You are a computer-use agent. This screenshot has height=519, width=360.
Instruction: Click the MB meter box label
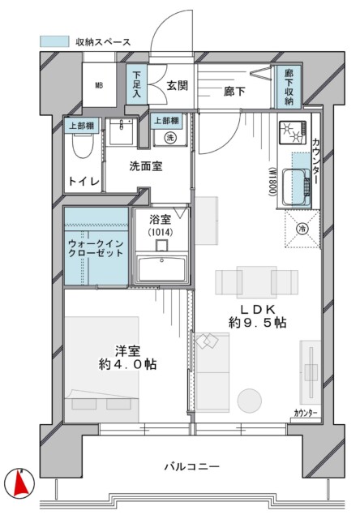tap(99, 85)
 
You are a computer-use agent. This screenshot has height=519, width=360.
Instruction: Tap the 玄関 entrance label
tap(178, 86)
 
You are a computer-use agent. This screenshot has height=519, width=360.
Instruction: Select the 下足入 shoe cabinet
tap(137, 84)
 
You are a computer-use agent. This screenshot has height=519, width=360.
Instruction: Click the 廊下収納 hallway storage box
tap(289, 87)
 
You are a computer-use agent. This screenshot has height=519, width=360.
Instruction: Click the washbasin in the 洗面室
tap(122, 131)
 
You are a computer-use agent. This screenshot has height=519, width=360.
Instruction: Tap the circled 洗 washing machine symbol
tap(170, 137)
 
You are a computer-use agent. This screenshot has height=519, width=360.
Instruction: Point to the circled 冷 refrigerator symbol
tap(302, 229)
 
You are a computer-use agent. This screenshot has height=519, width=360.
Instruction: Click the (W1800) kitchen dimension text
tap(272, 182)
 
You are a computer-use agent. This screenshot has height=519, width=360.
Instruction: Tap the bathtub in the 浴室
tap(162, 268)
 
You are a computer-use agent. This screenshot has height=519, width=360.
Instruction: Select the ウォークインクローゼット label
tap(96, 249)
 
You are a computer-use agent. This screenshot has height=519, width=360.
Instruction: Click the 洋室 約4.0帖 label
tap(128, 357)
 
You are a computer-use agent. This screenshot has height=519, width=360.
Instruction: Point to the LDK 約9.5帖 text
tap(257, 315)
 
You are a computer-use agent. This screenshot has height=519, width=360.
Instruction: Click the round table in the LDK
tap(250, 401)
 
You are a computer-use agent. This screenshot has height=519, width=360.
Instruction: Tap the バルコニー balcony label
tap(192, 467)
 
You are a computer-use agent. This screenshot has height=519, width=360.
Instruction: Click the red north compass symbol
tap(19, 483)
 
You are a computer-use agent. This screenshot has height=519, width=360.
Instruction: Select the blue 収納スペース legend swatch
tap(54, 41)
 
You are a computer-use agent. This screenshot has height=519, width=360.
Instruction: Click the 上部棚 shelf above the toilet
tap(82, 126)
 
